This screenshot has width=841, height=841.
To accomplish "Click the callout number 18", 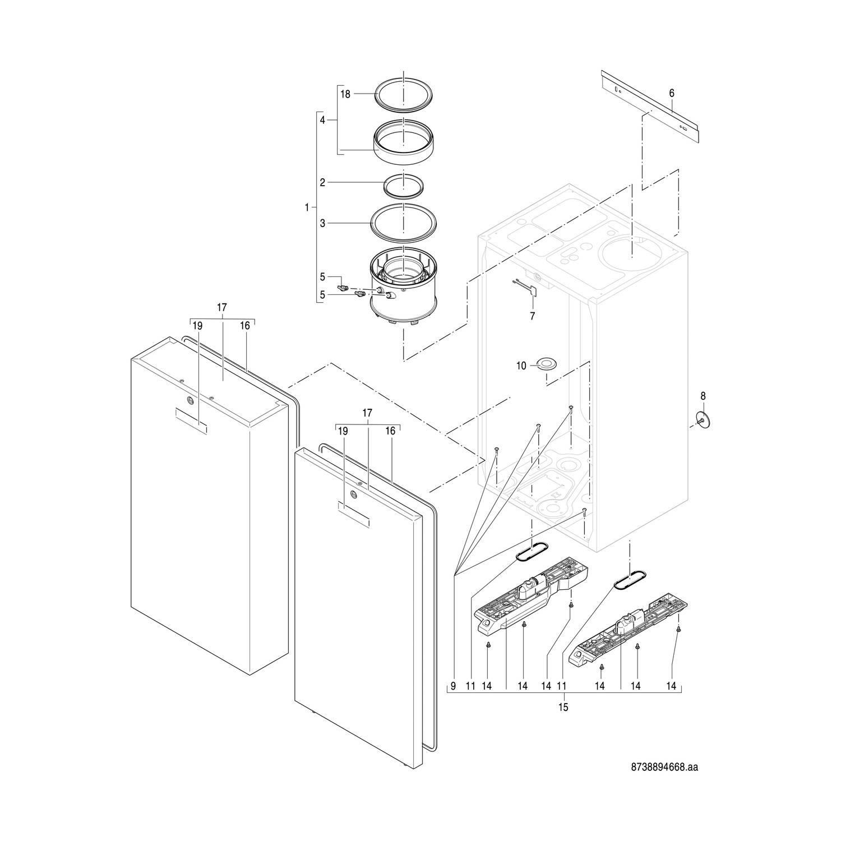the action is (x=345, y=94).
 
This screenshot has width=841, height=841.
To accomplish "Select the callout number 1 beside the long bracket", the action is (x=307, y=207).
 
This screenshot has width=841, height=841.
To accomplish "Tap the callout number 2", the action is (x=322, y=182).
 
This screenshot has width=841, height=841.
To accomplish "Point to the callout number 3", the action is (x=322, y=223).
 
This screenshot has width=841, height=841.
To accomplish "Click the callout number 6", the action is (x=672, y=93).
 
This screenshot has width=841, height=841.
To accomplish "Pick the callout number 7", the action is (x=532, y=316).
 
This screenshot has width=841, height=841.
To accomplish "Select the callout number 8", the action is (x=703, y=396).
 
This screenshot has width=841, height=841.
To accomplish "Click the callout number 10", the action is (x=521, y=366).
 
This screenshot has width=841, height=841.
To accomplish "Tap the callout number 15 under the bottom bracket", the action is (x=563, y=708).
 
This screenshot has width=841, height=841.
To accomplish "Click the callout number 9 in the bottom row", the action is (x=452, y=686).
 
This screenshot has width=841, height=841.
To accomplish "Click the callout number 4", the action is (x=322, y=120).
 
